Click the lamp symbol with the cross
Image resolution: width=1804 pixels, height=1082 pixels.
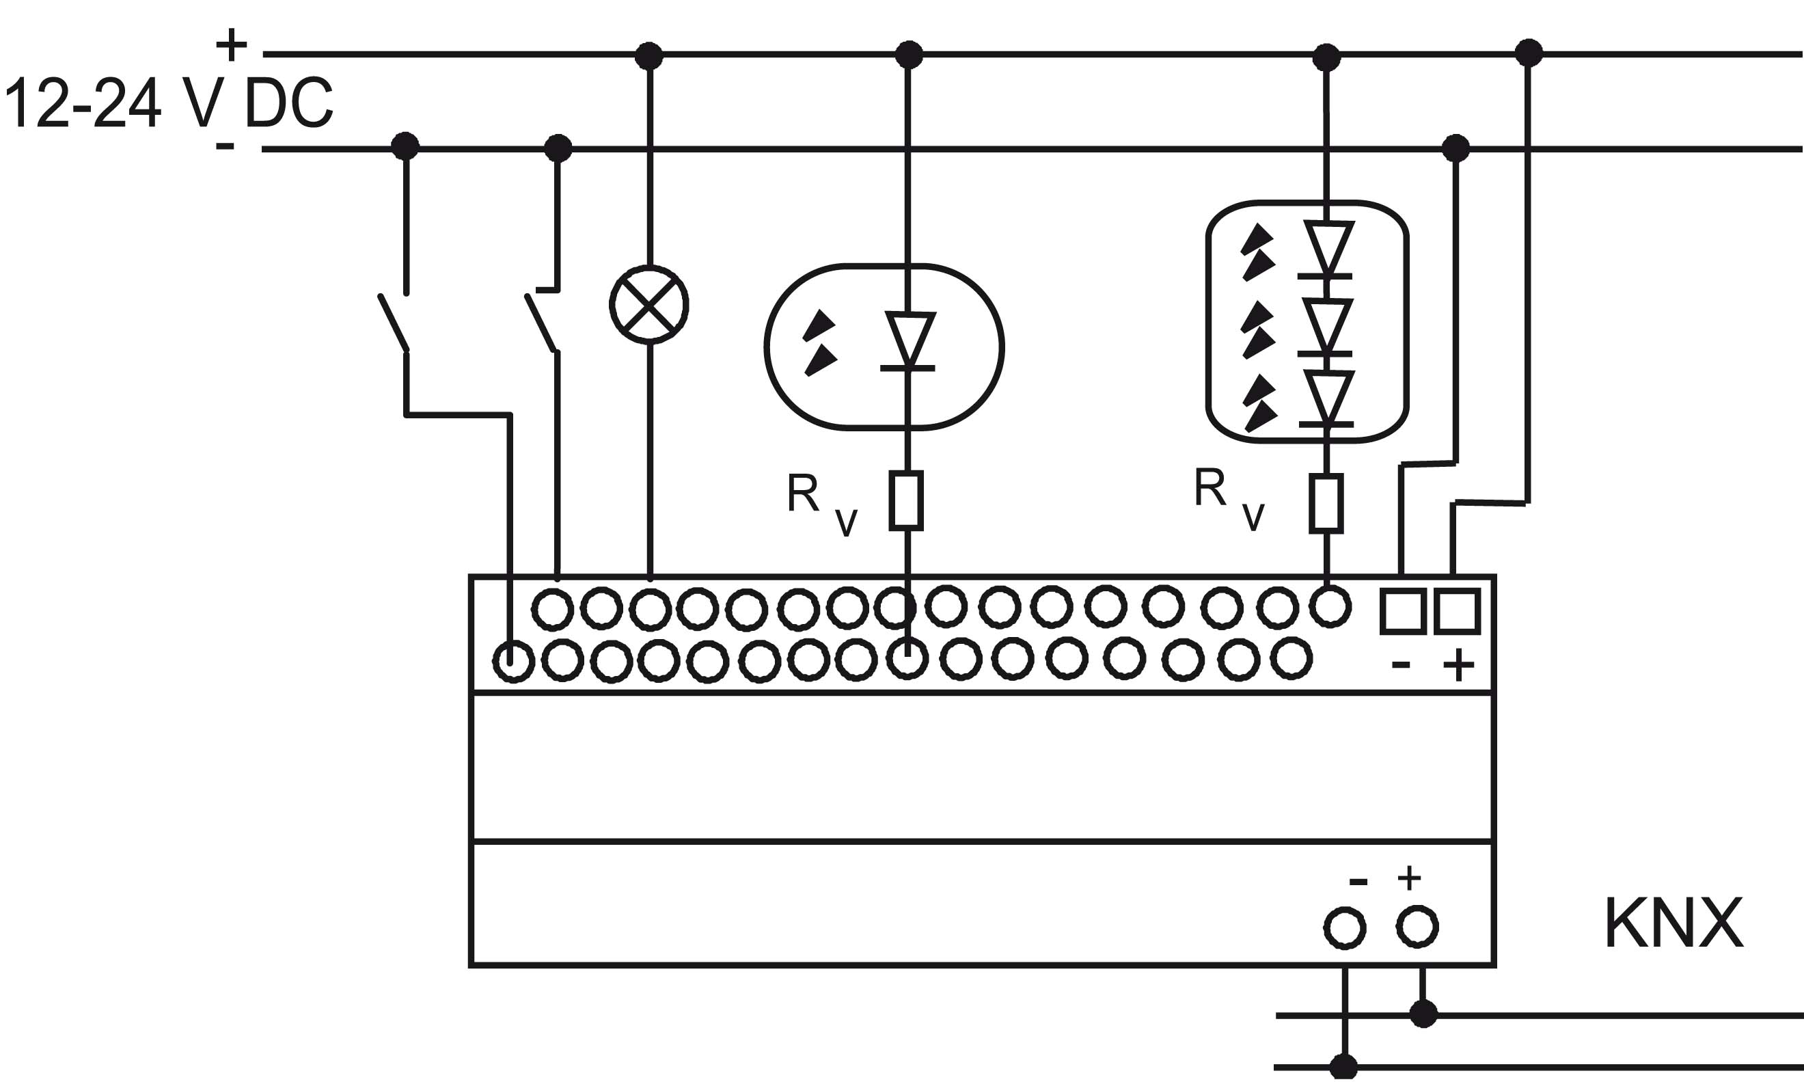[648, 304]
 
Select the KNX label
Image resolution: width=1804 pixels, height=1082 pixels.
[1673, 924]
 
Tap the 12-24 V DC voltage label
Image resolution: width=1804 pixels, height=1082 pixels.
[168, 103]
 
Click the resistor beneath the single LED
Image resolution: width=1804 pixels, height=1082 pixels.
[907, 500]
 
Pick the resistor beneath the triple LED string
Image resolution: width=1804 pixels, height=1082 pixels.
[1326, 504]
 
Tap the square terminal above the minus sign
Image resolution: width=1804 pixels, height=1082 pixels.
[1402, 611]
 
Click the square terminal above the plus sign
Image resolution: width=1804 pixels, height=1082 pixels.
[1457, 611]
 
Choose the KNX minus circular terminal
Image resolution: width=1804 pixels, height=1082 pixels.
[1345, 928]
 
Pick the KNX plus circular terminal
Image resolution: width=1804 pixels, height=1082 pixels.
[1417, 928]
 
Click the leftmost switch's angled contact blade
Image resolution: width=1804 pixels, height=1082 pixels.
[393, 323]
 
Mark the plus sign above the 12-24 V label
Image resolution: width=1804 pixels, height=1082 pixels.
[232, 44]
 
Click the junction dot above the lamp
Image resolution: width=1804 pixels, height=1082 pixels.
[648, 55]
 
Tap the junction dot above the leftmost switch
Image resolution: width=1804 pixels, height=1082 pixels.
[405, 146]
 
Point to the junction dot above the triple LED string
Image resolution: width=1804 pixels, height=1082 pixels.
[1326, 57]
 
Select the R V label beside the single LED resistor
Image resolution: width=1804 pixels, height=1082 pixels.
[822, 504]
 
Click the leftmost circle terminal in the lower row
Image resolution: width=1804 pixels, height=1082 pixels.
[513, 662]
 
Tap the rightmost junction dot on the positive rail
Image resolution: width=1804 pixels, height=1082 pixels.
[1529, 53]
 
